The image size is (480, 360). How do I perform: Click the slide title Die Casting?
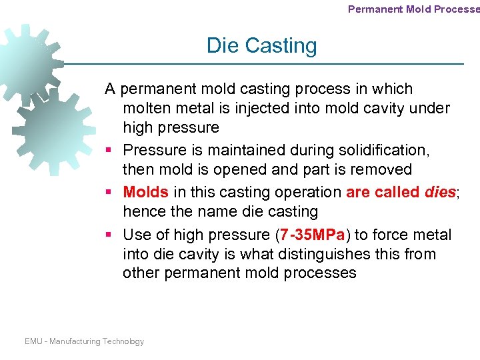[261, 45]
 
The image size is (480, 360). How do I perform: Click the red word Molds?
[146, 193]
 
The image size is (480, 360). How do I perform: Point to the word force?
[393, 235]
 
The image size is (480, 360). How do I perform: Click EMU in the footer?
[33, 341]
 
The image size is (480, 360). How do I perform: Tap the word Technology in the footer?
[123, 341]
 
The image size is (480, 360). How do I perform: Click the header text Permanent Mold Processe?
[413, 9]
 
